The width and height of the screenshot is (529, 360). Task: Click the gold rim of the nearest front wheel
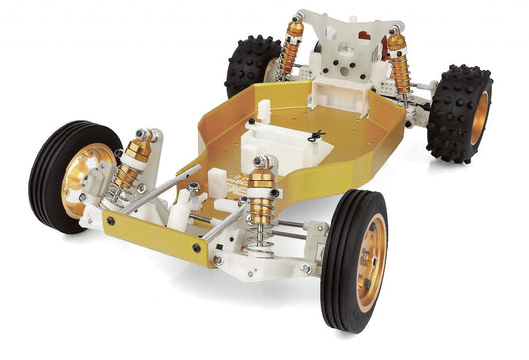367,264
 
